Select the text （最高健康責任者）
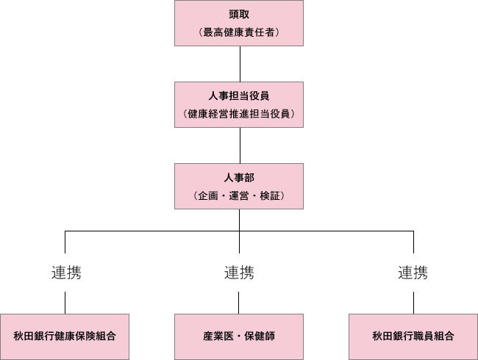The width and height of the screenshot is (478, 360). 239,32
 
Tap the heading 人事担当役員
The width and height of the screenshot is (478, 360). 239,96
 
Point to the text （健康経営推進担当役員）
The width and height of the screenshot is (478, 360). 239,114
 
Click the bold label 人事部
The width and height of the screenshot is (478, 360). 239,179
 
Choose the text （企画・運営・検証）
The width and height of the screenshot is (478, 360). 239,196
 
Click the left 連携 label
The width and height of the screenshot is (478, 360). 65,273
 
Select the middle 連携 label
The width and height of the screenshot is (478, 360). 239,273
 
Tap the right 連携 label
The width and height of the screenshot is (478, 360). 413,273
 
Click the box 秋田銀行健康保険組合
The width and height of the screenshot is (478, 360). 65,336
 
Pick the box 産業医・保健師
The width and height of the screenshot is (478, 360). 239,336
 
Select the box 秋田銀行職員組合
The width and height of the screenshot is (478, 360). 413,336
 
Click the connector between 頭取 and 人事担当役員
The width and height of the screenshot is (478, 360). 239,64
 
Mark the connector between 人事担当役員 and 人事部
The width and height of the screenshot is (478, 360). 239,145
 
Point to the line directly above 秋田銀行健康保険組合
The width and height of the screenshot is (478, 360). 65,302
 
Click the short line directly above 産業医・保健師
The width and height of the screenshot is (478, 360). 239,302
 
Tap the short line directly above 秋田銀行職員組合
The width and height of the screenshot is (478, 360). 413,302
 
